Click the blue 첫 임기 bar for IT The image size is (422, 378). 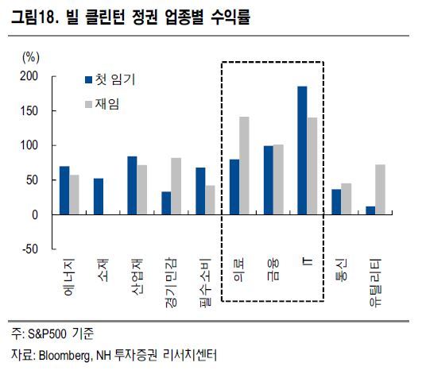point(302,150)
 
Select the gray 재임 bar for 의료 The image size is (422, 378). point(244,166)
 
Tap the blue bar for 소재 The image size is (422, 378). point(99,196)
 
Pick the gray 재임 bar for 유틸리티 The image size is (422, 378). point(381,190)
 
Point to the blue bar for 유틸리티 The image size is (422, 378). point(370,210)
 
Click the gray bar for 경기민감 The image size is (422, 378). point(176,186)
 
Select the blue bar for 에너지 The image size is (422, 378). point(64,191)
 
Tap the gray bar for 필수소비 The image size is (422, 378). point(210,200)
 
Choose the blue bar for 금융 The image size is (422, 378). point(269,180)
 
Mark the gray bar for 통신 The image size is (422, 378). point(347,199)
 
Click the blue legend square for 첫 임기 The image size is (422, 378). point(88,80)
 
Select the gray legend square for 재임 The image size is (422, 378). point(88,104)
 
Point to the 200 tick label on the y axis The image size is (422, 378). point(29,76)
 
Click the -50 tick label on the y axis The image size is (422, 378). point(30,249)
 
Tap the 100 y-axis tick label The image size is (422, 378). point(29,145)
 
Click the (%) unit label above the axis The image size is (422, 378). point(31,57)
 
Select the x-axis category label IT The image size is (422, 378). point(308,261)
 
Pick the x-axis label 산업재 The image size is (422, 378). point(137,277)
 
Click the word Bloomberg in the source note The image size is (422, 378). point(64,356)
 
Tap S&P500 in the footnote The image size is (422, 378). point(47,334)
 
